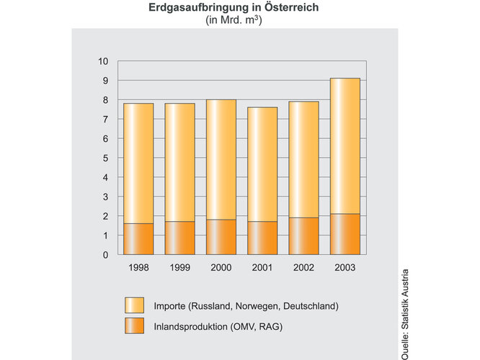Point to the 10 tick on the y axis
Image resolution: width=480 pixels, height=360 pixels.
coord(102,61)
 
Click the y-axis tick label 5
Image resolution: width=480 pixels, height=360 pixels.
coord(105,158)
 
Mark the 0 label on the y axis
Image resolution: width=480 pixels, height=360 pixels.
coord(105,255)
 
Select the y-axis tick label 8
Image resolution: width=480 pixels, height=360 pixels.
coord(105,100)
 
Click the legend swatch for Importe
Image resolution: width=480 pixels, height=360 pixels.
coord(135,306)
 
